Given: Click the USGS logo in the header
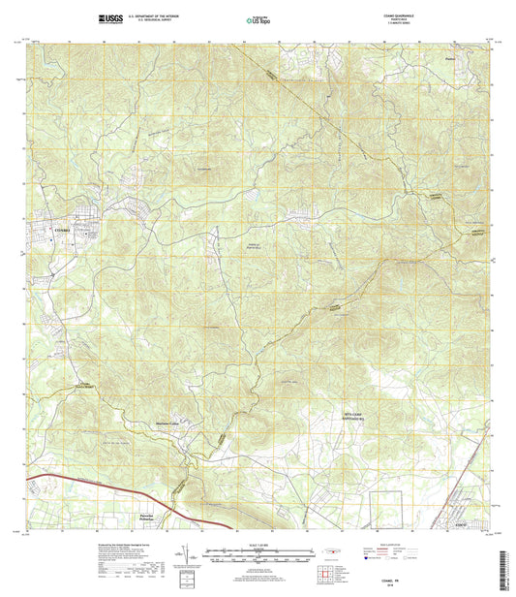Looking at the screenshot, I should pos(109,18).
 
